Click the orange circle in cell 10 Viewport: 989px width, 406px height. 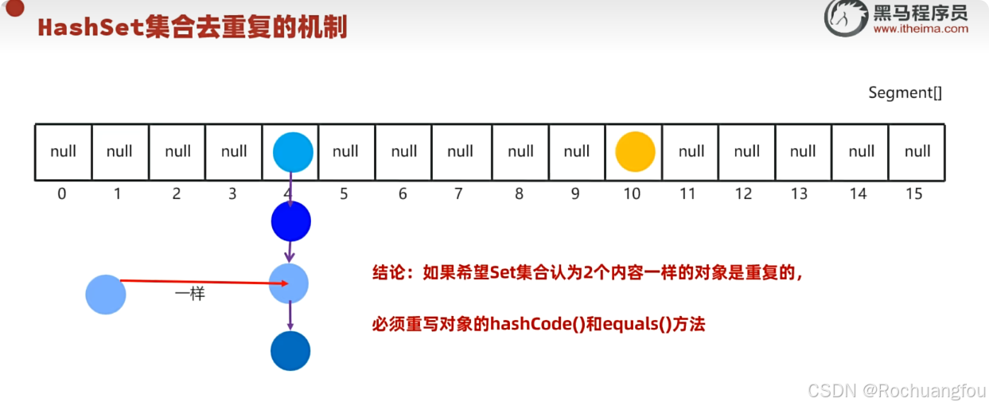[x=635, y=151]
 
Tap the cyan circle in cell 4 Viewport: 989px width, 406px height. [x=293, y=152]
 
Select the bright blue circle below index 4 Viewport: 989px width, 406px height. [x=291, y=221]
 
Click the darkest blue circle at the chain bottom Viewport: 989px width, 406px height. [x=290, y=351]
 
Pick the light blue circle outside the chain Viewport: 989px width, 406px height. [x=106, y=295]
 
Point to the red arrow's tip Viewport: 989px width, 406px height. [x=289, y=283]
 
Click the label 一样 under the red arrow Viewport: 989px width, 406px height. [x=190, y=293]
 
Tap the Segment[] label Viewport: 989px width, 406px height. [x=905, y=92]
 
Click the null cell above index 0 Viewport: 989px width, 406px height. [x=64, y=152]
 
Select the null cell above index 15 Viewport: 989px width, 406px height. [x=917, y=152]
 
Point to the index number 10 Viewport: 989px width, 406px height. [x=632, y=193]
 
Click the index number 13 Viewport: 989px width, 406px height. [x=799, y=193]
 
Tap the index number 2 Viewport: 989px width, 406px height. [x=176, y=193]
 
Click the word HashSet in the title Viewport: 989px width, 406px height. [x=91, y=27]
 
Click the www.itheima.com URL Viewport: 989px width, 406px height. [x=921, y=29]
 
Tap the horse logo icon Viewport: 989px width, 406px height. [x=846, y=18]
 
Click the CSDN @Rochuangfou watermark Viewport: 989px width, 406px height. [x=896, y=391]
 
